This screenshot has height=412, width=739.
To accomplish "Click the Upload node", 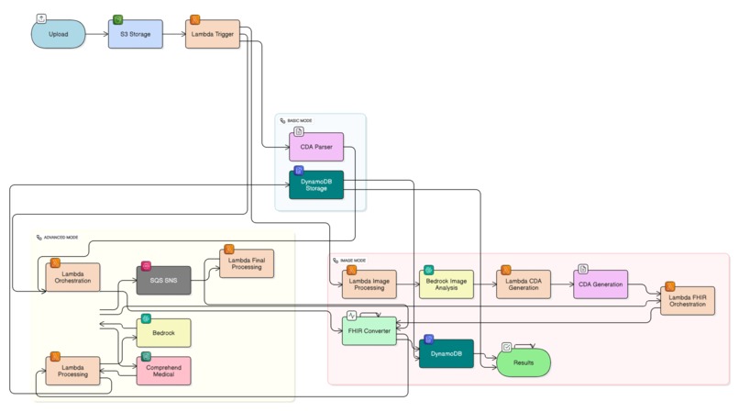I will pyautogui.click(x=59, y=35).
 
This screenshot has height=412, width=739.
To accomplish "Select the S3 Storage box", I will pyautogui.click(x=136, y=35).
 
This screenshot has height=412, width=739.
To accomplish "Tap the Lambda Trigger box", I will pyautogui.click(x=213, y=35).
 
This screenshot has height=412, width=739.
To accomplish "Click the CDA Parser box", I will pyautogui.click(x=316, y=148).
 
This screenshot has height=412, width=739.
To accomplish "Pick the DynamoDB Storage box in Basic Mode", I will pyautogui.click(x=316, y=185).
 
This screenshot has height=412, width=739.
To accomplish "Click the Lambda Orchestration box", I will pyautogui.click(x=72, y=278).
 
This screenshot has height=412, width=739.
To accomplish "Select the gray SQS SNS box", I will pyautogui.click(x=163, y=280).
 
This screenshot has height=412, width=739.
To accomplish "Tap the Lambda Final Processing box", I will pyautogui.click(x=246, y=264).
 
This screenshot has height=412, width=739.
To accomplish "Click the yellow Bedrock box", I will pyautogui.click(x=163, y=332).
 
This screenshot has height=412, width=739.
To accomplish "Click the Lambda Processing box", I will pyautogui.click(x=72, y=370).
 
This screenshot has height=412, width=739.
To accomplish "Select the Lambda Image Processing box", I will pyautogui.click(x=369, y=284).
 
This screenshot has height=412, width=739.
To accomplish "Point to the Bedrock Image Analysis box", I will pyautogui.click(x=446, y=284).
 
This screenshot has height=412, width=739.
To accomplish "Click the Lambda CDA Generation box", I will pyautogui.click(x=523, y=284).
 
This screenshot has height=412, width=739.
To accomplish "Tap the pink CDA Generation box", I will pyautogui.click(x=601, y=284).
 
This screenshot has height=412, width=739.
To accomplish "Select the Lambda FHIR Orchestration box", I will pyautogui.click(x=688, y=300).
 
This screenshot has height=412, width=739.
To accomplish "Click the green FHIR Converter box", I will pyautogui.click(x=369, y=330).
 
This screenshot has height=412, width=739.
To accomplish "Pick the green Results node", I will pyautogui.click(x=524, y=362).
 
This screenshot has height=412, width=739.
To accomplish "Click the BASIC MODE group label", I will pyautogui.click(x=299, y=121).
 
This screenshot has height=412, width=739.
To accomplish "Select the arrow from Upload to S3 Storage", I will pyautogui.click(x=97, y=35).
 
